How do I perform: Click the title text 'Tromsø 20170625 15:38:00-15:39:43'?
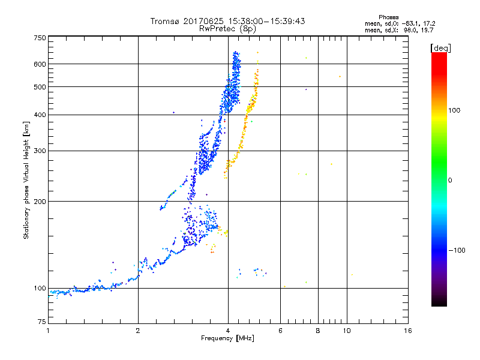pos(228,21)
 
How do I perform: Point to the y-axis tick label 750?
pos(40,37)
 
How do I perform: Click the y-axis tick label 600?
pos(40,64)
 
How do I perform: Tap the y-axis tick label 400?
pos(40,115)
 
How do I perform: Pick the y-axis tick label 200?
pos(40,201)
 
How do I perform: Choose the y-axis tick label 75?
pos(41,323)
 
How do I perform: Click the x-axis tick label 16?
pos(408,331)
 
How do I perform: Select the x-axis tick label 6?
pos(281,331)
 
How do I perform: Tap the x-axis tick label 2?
pos(138,331)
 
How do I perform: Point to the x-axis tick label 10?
pos(346,331)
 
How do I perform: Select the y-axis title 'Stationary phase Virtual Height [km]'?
pos(26,180)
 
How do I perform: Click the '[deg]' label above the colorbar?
pos(440,47)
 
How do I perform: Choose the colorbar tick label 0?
pos(450,180)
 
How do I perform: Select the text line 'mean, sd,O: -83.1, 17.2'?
pos(400,23)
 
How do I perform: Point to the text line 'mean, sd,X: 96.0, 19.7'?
pos(400,29)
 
